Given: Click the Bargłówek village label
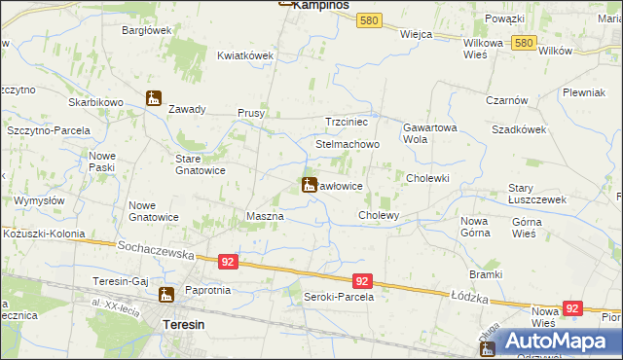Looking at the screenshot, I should (147, 30).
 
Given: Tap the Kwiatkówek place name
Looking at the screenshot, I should (245, 55).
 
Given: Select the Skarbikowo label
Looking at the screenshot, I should (94, 102).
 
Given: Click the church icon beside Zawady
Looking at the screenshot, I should (154, 98).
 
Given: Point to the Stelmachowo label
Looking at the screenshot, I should (347, 144).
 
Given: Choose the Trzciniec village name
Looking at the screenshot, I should (347, 122).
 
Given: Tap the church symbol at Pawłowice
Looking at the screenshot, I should (309, 185).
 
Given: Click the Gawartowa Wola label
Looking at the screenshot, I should (429, 132).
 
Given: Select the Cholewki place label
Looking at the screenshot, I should (426, 178).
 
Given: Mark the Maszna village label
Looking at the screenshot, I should (265, 215).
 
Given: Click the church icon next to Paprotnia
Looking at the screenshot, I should (166, 294).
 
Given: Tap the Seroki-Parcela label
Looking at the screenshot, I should (339, 297).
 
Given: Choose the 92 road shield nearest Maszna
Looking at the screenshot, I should (227, 262).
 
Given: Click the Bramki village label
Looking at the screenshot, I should (485, 274).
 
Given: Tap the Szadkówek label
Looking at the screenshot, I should (518, 128).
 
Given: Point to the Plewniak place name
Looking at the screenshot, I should (584, 92).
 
